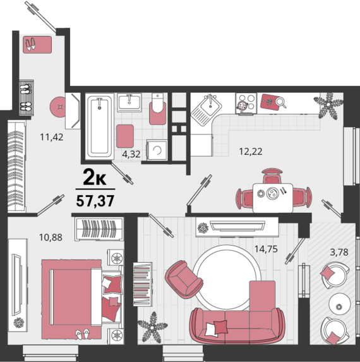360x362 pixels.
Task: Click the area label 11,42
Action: [51, 137]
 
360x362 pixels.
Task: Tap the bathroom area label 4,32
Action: [131, 154]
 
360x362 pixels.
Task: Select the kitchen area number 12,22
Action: [251, 152]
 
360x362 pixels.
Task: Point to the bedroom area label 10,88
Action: [51, 238]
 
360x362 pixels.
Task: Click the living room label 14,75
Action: [266, 249]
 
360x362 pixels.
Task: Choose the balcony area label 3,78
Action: [339, 252]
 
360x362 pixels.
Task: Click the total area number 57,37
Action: [95, 201]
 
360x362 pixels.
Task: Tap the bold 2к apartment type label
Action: [95, 177]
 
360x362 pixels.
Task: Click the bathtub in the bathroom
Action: [100, 126]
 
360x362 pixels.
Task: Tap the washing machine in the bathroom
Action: [157, 150]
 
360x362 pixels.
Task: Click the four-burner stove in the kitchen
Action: [246, 104]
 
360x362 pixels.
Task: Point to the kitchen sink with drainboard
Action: [207, 109]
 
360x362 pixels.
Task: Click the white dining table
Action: [273, 198]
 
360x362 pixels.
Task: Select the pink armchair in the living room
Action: [184, 279]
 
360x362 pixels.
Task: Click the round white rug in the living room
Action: [227, 277]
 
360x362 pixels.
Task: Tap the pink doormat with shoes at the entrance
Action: [37, 45]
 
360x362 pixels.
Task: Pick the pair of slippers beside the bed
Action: [83, 334]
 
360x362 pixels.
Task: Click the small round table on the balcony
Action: [339, 304]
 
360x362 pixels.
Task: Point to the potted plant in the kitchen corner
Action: [328, 106]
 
